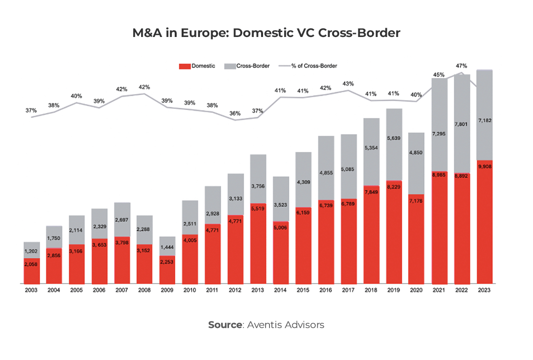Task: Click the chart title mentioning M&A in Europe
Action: coord(266,33)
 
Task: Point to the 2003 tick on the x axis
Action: coord(31,290)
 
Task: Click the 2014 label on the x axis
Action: coord(280,290)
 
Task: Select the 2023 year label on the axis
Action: coord(485,290)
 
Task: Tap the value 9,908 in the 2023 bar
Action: coord(485,166)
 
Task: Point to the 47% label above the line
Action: coord(461,66)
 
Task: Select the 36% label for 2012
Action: coord(235,113)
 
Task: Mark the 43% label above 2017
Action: coord(348,83)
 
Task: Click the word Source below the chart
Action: coord(225,324)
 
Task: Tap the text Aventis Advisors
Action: coord(286,324)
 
